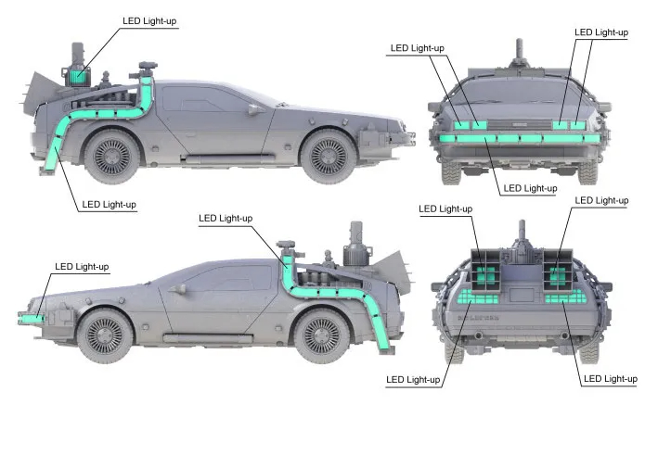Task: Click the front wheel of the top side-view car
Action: [x=329, y=157]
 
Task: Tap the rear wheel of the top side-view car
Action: [x=112, y=156]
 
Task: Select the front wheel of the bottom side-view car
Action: [x=105, y=335]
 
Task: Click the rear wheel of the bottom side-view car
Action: [x=323, y=335]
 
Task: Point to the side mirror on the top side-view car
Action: [x=255, y=108]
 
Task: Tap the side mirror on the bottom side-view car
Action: [x=177, y=289]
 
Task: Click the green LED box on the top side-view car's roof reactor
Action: [x=78, y=76]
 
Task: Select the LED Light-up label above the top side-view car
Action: [x=149, y=21]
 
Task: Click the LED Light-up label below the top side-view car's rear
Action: [x=109, y=204]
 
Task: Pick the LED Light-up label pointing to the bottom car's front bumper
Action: [x=82, y=267]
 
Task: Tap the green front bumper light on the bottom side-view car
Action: [x=32, y=318]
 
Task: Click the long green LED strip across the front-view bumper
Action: [x=520, y=138]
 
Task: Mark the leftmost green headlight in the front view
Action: [x=461, y=125]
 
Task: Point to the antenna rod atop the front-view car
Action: [x=519, y=49]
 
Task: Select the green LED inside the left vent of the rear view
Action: [x=485, y=275]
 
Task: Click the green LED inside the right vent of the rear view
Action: [x=558, y=275]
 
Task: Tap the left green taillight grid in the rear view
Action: [x=478, y=297]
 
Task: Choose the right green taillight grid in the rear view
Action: [x=564, y=297]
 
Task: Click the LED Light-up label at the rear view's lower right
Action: [x=611, y=379]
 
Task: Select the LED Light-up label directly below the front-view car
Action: [x=530, y=188]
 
